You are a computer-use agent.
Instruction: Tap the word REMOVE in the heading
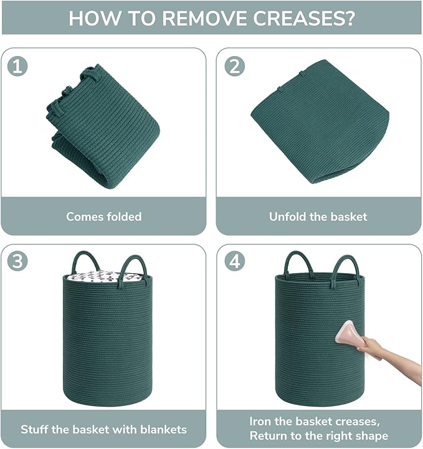click(205, 18)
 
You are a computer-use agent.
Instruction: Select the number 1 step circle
click(17, 67)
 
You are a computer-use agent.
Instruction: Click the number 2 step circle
click(235, 67)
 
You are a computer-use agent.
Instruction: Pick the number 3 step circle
click(17, 261)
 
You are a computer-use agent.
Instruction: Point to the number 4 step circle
click(235, 261)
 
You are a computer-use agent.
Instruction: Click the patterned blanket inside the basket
click(103, 277)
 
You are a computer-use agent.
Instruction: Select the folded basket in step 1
click(103, 126)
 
